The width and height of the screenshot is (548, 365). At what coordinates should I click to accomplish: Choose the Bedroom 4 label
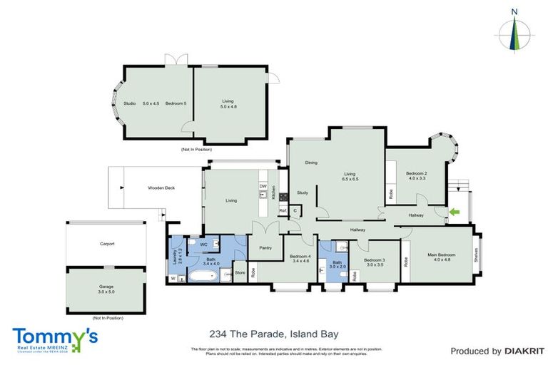tap(300, 259)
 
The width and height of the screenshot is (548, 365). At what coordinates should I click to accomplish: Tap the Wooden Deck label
tap(161, 188)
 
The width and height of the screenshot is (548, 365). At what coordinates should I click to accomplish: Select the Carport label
tap(107, 244)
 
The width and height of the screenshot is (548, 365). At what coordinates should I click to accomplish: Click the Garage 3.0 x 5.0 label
tap(107, 289)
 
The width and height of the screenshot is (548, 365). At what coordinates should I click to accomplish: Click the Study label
tap(302, 192)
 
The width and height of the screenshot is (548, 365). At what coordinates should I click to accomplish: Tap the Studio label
tap(130, 103)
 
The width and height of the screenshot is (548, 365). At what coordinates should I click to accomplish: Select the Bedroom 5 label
tap(176, 103)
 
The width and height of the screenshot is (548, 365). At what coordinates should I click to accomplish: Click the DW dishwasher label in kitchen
tap(263, 186)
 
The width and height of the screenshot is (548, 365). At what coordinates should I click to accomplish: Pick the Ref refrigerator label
tap(283, 211)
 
